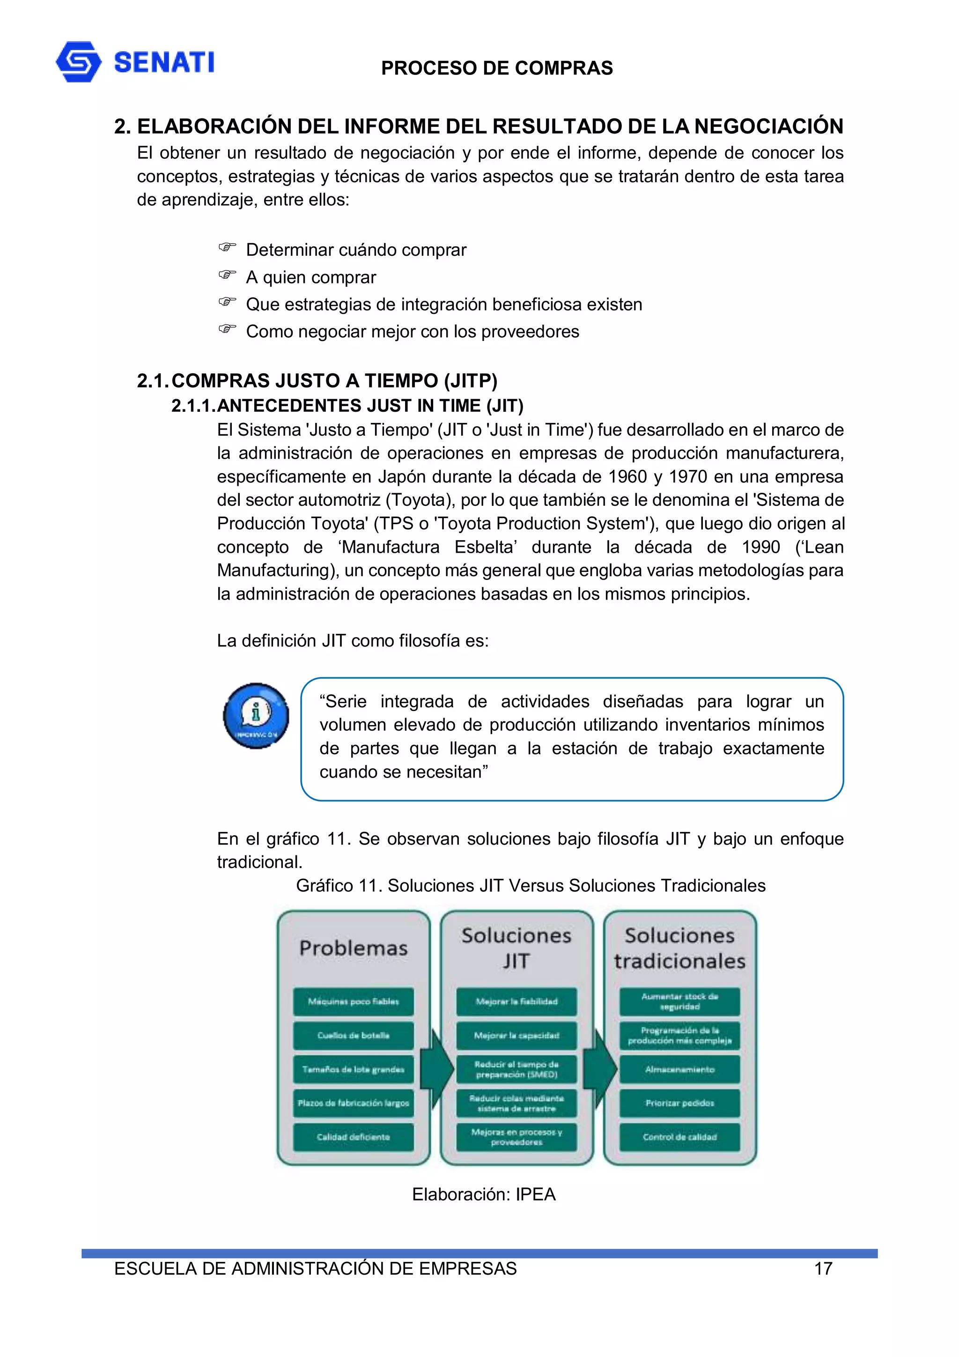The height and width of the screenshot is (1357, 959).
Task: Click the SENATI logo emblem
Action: (x=78, y=61)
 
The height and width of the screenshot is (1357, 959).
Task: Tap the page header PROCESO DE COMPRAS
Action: (x=496, y=68)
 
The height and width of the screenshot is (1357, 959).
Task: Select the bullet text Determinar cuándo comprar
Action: (x=356, y=250)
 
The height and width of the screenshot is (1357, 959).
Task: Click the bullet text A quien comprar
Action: (x=311, y=277)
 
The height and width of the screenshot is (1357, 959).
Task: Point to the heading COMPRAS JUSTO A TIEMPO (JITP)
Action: (x=334, y=381)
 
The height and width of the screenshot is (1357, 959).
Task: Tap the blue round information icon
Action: (x=256, y=716)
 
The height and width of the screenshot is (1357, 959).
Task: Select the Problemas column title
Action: (x=354, y=948)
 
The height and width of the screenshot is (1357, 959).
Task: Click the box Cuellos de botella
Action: (x=354, y=1036)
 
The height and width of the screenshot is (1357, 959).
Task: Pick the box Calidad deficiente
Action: (x=354, y=1136)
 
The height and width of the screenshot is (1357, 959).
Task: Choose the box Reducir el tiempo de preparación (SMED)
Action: (x=516, y=1069)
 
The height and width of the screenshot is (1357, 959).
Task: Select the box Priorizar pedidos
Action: (x=679, y=1103)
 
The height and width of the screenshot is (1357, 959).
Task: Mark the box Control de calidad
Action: (x=679, y=1136)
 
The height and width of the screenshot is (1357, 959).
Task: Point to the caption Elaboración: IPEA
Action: (x=483, y=1194)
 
